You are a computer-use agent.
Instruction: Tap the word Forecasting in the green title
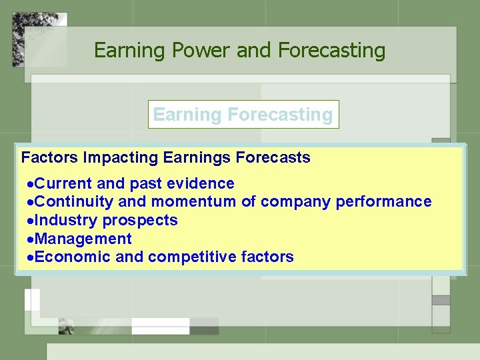coord(331,50)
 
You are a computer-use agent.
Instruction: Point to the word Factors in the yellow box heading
coord(50,158)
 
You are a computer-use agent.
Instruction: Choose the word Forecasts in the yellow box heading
coord(275,158)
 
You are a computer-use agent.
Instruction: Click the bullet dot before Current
coord(29,184)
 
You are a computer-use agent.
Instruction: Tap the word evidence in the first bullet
coord(203,183)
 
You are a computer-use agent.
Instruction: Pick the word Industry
coord(64,220)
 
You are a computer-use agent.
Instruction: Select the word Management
coord(83,239)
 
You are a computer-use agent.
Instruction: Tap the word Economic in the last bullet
coord(72,257)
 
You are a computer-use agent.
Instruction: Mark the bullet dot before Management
coord(29,239)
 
